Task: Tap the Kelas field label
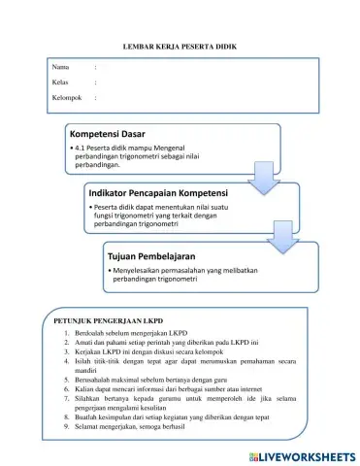[x=60, y=83]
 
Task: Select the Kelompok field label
[x=67, y=98]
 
